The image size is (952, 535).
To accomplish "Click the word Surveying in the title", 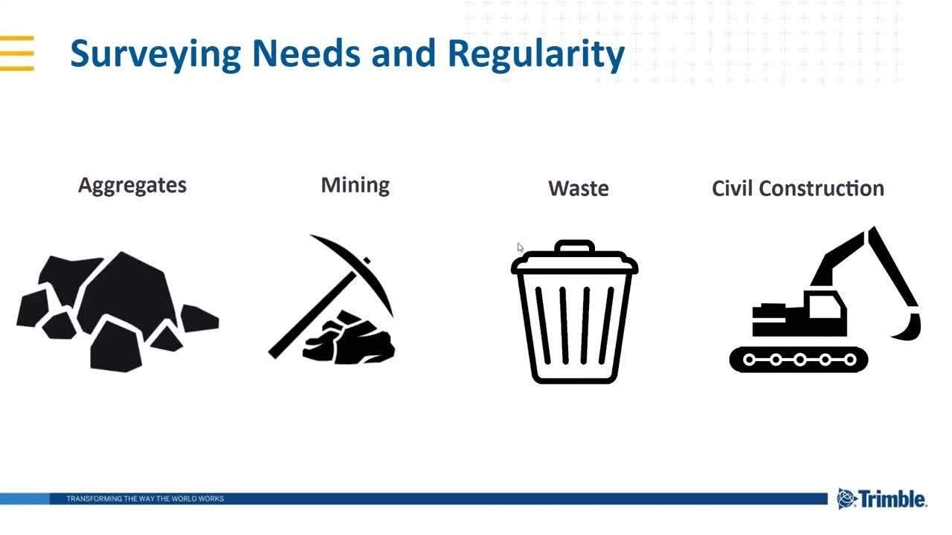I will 155,54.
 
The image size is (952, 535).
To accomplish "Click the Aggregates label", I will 132,185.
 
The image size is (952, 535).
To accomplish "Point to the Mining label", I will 355,185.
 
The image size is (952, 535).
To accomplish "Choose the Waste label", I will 578,189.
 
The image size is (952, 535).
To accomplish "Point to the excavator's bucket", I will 909,327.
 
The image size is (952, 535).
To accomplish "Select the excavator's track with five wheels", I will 799,360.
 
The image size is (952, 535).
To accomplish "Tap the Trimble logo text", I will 893,499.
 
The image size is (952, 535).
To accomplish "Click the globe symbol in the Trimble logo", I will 846,499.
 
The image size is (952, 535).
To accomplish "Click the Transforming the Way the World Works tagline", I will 145,499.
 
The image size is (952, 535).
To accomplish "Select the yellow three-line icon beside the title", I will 16,53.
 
